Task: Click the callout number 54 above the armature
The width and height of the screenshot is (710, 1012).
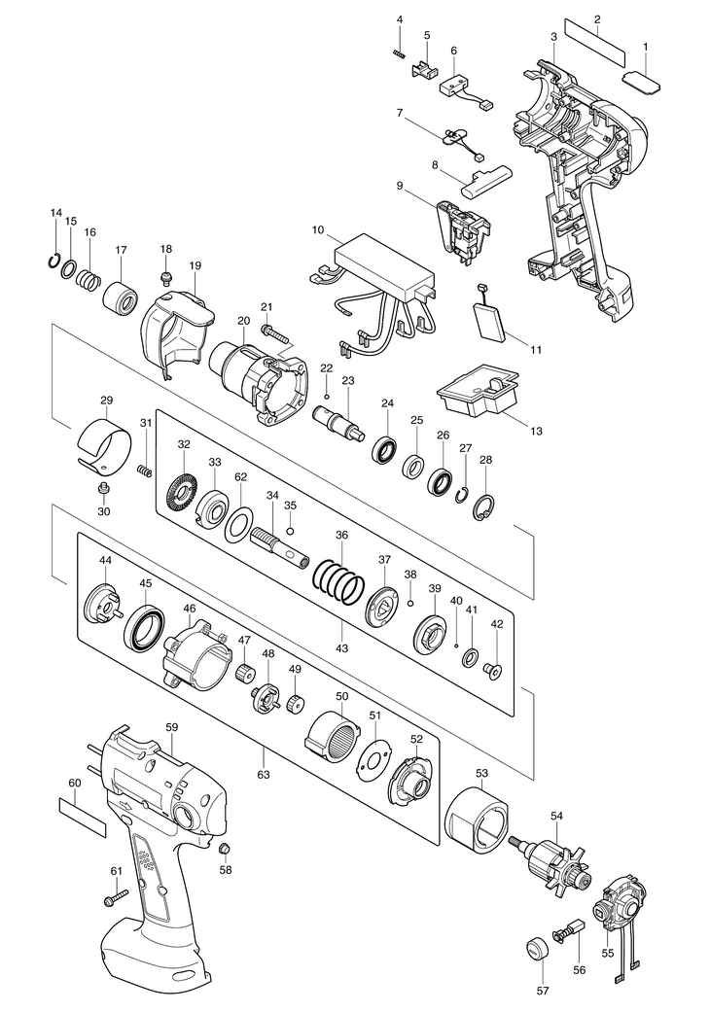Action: (x=556, y=817)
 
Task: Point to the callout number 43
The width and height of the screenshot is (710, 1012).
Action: (x=342, y=647)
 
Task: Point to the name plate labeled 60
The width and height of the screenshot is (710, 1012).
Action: (x=82, y=818)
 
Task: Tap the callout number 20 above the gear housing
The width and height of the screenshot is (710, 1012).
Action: (x=243, y=322)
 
